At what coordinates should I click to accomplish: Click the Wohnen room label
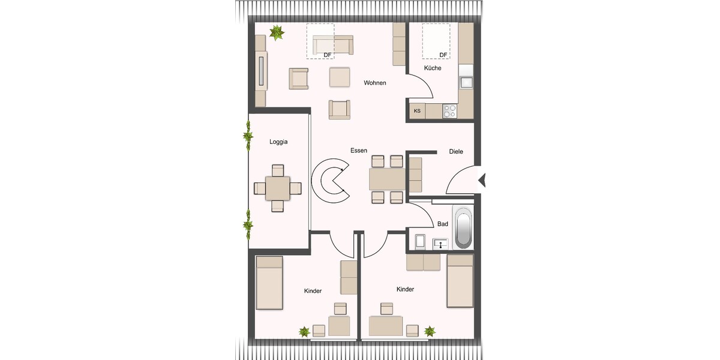(x=374, y=83)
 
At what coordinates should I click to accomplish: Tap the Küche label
(x=433, y=68)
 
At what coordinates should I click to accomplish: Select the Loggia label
(x=278, y=142)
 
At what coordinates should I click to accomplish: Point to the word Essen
(x=359, y=151)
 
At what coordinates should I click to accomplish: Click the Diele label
(x=456, y=152)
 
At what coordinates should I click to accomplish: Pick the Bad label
(x=443, y=224)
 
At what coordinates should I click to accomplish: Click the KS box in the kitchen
(x=417, y=111)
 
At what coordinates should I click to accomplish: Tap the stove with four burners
(x=449, y=111)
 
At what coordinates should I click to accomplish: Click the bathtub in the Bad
(x=463, y=228)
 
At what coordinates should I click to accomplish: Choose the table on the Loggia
(x=277, y=188)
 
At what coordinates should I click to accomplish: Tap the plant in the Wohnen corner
(x=277, y=33)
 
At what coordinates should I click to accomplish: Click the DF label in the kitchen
(x=443, y=55)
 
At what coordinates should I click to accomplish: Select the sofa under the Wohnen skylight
(x=333, y=44)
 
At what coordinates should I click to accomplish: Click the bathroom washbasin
(x=441, y=243)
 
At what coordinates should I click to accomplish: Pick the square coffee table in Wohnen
(x=340, y=77)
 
